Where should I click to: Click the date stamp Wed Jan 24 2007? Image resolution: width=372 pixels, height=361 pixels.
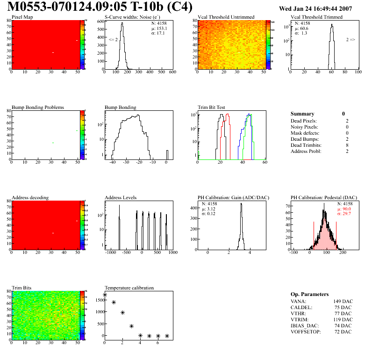(x=315, y=8)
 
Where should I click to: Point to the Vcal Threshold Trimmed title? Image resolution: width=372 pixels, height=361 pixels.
(x=316, y=17)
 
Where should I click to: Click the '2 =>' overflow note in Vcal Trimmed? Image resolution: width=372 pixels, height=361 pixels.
(x=351, y=40)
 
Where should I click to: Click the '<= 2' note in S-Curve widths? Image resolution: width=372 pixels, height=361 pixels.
(x=113, y=40)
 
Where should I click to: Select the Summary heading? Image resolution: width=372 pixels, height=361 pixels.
(x=302, y=114)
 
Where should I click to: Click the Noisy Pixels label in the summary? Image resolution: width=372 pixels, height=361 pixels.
(x=304, y=127)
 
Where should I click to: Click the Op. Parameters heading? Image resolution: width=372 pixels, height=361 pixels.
(x=309, y=294)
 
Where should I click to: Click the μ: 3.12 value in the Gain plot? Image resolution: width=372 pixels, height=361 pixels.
(x=208, y=209)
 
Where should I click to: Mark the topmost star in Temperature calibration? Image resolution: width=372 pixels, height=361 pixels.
(x=105, y=295)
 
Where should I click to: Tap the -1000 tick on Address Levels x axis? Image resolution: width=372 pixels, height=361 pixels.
(x=111, y=253)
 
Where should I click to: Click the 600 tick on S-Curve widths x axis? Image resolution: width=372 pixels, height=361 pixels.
(x=172, y=72)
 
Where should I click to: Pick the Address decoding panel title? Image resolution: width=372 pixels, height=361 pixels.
(x=30, y=198)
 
